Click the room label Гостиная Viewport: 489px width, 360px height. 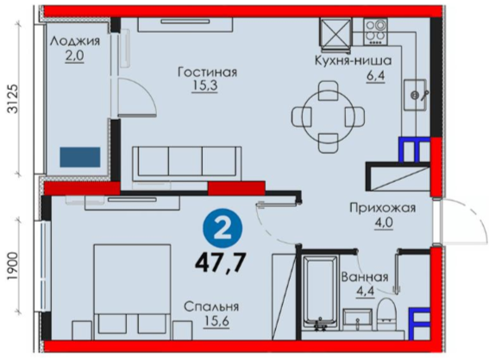[x=207, y=73]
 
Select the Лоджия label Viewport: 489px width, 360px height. [x=75, y=41]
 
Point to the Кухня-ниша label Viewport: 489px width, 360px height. [x=353, y=60]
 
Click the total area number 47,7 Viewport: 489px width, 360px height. [x=221, y=261]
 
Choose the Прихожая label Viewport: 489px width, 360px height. [x=383, y=208]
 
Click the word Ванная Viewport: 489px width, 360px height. [x=365, y=277]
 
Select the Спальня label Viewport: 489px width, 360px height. [x=211, y=307]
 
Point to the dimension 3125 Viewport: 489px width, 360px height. [x=14, y=98]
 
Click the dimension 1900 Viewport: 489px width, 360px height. [x=14, y=266]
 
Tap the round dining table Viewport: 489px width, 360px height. [x=329, y=117]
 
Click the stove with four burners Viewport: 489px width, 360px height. [x=375, y=31]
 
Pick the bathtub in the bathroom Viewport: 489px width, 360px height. [x=319, y=293]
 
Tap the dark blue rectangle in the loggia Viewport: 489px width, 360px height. [x=80, y=157]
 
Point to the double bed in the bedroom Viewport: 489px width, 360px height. [x=132, y=292]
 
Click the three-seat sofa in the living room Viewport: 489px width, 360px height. [x=187, y=164]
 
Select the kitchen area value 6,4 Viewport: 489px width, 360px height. [x=376, y=75]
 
